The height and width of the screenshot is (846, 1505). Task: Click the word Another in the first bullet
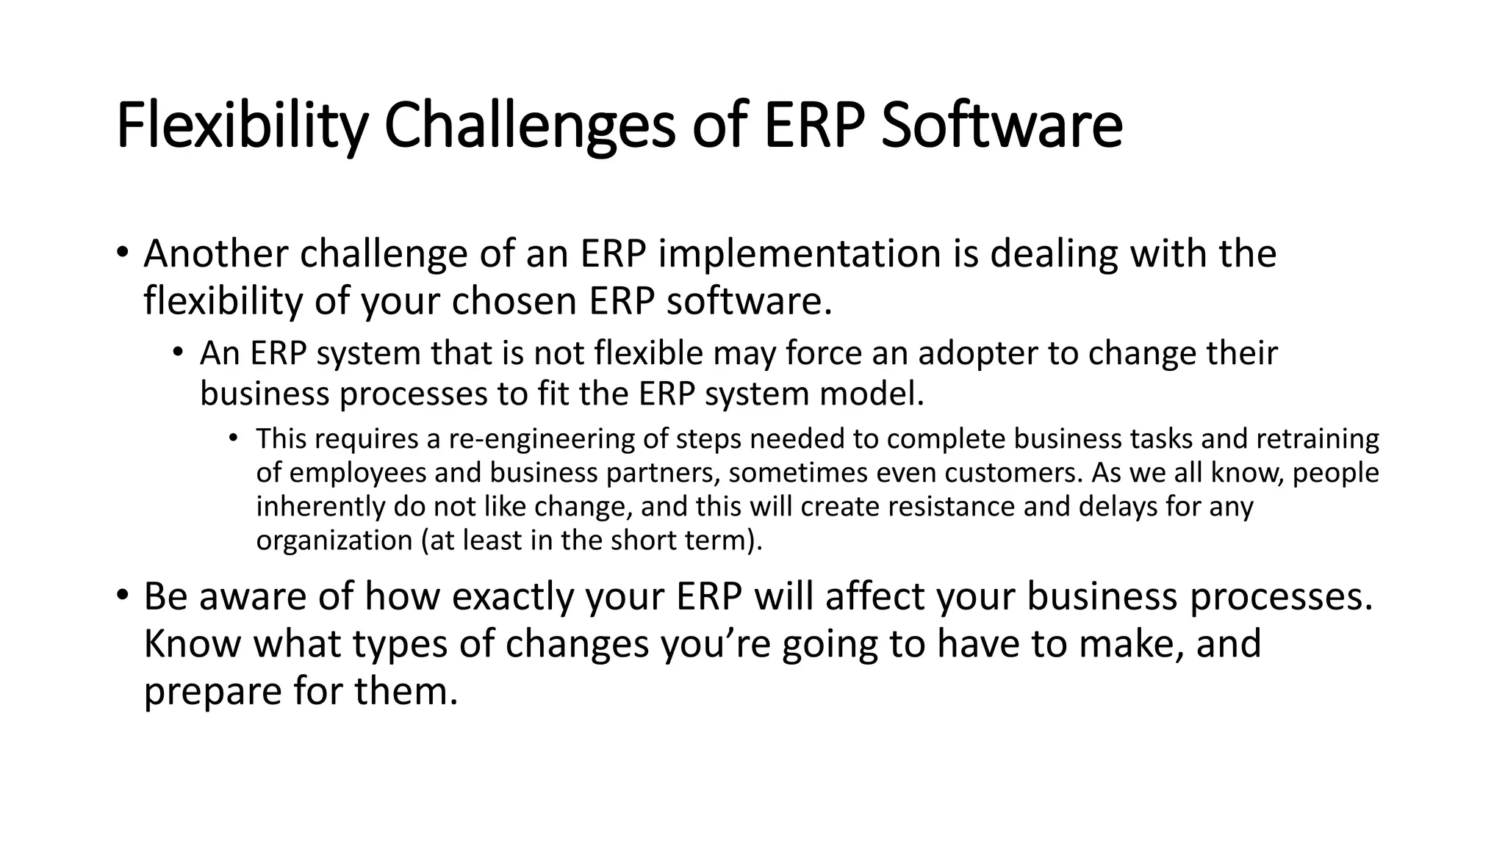point(216,254)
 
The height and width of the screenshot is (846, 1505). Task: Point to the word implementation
point(800,254)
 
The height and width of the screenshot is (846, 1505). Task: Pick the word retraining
point(1318,439)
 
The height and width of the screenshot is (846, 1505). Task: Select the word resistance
point(947,507)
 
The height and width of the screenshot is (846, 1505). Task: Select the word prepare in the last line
point(212,692)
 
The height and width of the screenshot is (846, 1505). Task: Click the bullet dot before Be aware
point(122,594)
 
